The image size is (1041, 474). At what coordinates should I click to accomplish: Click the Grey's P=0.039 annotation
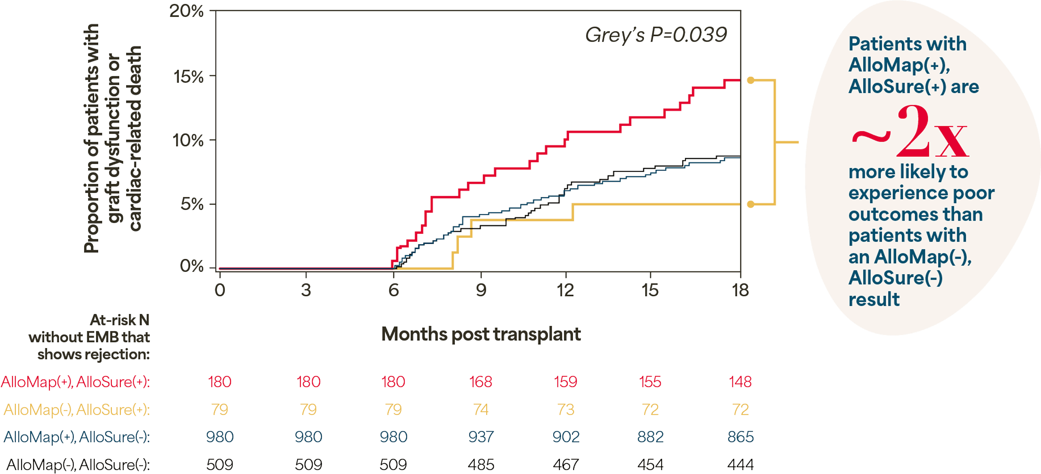coord(656,35)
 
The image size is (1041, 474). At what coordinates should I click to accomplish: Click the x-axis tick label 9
coord(481,290)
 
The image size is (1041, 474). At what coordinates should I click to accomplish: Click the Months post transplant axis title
coord(481,334)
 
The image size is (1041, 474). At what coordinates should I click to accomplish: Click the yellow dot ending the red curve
coord(750,80)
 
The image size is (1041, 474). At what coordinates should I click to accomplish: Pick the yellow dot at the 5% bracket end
coord(750,205)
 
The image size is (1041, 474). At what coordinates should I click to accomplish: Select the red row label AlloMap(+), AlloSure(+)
coord(76,382)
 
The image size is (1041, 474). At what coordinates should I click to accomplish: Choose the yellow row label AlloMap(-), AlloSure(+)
coord(77,410)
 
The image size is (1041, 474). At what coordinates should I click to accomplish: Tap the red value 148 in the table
coord(740,382)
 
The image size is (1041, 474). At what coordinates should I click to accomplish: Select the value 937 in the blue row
coord(481,437)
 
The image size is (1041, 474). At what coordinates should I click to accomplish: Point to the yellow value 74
coord(481,410)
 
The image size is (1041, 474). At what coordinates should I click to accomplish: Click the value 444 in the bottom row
coord(740,465)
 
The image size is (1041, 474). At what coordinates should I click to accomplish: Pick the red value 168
coord(481,382)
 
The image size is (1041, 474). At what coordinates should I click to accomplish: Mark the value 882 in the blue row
coord(650,437)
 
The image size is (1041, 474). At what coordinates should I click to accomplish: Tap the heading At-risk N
coord(119,320)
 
